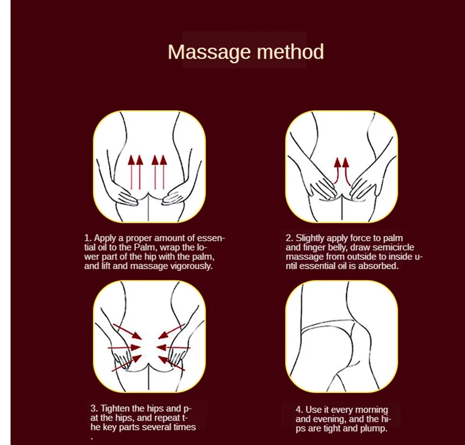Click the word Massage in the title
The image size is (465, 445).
[x=210, y=53]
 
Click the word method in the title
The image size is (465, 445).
[x=290, y=52]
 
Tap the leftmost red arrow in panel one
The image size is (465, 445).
[x=131, y=173]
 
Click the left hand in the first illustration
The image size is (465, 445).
[x=124, y=195]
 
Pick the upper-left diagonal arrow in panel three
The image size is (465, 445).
[x=128, y=331]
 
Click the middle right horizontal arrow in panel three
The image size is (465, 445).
[x=173, y=347]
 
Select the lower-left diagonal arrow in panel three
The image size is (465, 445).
[x=127, y=363]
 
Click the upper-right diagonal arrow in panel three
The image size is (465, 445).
[x=171, y=331]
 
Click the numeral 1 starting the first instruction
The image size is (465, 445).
[x=86, y=238]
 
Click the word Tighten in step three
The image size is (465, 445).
[x=115, y=408]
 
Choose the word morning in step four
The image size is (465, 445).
[x=372, y=410]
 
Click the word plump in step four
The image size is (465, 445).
[x=373, y=429]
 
